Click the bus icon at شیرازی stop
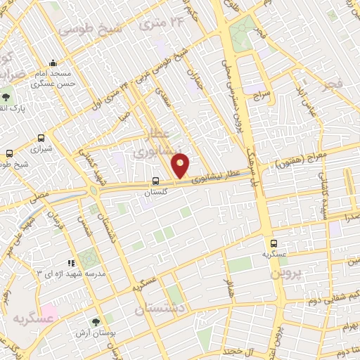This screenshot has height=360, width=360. (x=41, y=139)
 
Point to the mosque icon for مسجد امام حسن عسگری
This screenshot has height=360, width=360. (x=54, y=63)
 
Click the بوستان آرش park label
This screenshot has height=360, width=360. (x=106, y=332)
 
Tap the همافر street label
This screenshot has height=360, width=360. (x=227, y=288)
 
